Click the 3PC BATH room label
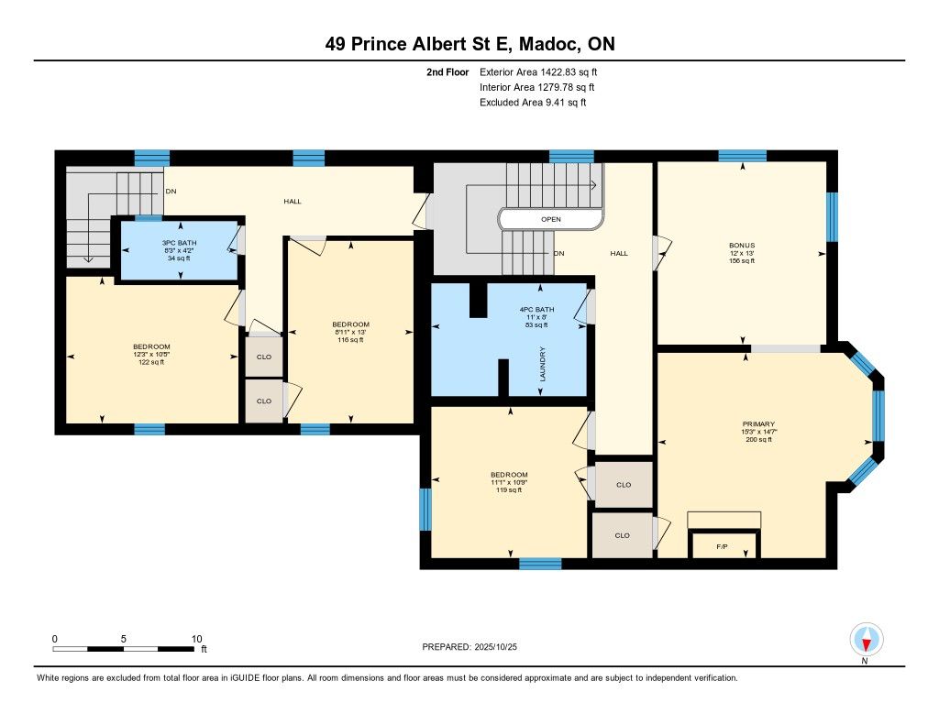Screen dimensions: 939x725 [179, 243]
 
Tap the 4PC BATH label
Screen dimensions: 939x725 [536, 310]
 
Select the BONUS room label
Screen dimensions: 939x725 [742, 246]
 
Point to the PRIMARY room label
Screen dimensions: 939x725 [758, 423]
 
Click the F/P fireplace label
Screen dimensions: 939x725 [723, 546]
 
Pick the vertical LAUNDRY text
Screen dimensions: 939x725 [543, 364]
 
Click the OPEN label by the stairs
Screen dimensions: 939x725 [551, 219]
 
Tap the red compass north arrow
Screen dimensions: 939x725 [866, 644]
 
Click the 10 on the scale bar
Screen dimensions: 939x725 [196, 639]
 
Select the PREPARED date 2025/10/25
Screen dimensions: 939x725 [496, 646]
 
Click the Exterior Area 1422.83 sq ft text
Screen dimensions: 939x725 [538, 71]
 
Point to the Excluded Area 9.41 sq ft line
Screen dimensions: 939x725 [533, 103]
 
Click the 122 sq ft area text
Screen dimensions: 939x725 [151, 362]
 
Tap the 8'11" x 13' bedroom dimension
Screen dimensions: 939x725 [350, 333]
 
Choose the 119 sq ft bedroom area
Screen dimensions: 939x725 [509, 489]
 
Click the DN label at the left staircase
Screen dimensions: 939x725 [171, 192]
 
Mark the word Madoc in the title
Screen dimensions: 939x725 [549, 44]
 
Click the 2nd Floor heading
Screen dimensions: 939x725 [447, 71]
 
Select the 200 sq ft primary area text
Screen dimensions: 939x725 [758, 439]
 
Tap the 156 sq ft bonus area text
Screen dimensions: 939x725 [742, 261]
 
